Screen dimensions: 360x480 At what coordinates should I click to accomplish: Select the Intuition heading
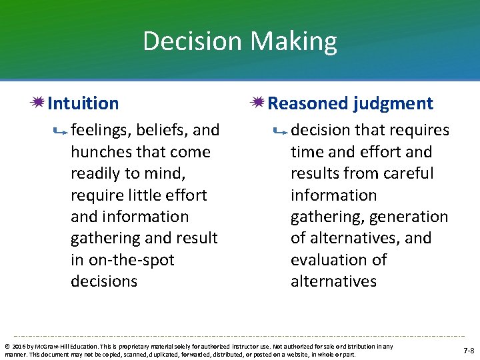pos(83,103)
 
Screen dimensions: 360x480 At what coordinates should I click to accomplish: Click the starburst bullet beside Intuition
pos(38,103)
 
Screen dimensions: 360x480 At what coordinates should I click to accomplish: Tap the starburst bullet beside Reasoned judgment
pos(258,103)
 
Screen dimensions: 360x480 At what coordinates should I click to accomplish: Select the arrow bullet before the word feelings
pos(61,132)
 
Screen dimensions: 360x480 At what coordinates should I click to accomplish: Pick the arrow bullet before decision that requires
pos(281,132)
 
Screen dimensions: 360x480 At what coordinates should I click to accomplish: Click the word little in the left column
pos(141,195)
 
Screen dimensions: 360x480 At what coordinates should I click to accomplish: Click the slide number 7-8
pos(469,351)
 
